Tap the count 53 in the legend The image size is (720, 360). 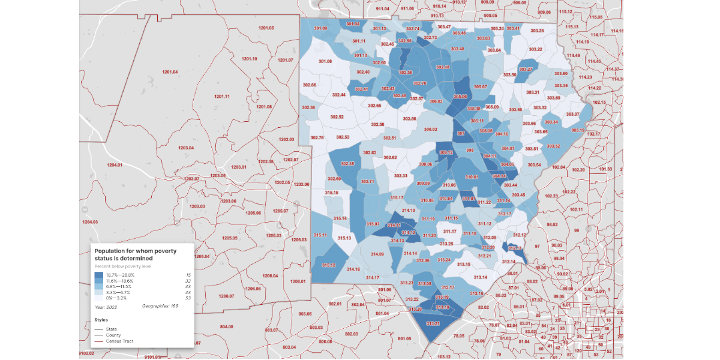tap(187, 298)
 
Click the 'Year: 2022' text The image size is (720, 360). tap(106, 307)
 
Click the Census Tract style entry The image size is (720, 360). tap(119, 341)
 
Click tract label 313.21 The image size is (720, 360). tap(433, 323)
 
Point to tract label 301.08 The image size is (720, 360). tap(325, 61)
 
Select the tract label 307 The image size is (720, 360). tap(461, 133)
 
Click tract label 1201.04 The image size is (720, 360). tap(170, 72)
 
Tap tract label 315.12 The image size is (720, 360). tap(328, 265)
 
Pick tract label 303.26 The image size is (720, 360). tap(537, 31)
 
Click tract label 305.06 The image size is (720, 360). tap(460, 96)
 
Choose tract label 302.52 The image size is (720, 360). tap(337, 117)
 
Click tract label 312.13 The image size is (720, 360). tap(515, 248)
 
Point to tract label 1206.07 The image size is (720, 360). tap(226, 296)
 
